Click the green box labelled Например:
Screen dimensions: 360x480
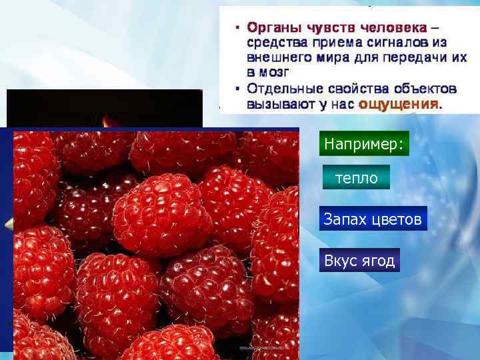[x=364, y=145]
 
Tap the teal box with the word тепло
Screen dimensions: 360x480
[x=356, y=178]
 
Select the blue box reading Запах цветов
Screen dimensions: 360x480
[x=373, y=219]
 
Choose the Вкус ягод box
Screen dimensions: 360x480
[x=359, y=261]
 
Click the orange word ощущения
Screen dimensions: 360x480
[x=399, y=104]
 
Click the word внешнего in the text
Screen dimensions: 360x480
[x=277, y=57]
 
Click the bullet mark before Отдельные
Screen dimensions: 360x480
[x=237, y=89]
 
